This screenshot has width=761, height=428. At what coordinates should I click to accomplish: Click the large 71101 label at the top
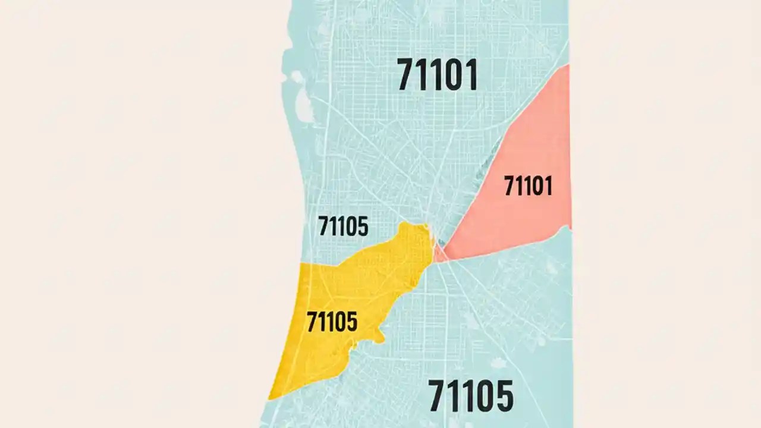[x=437, y=75]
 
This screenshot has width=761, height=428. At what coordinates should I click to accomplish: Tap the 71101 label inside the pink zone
[x=528, y=185]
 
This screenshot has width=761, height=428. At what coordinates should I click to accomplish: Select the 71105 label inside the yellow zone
[x=332, y=322]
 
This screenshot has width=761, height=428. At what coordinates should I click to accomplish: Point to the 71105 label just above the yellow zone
[x=343, y=226]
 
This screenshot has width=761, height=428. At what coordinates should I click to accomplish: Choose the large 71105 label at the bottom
[x=470, y=396]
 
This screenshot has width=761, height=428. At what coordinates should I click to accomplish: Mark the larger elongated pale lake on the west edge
[x=304, y=106]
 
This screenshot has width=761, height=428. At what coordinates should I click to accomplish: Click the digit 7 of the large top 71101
[x=406, y=75]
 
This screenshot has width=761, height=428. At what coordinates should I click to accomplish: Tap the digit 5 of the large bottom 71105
[x=503, y=396]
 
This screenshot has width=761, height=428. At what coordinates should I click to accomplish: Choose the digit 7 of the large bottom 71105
[x=438, y=396]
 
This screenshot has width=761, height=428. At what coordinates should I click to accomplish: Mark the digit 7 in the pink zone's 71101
[x=510, y=185]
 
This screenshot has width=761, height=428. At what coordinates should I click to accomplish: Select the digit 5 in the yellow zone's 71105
[x=351, y=322]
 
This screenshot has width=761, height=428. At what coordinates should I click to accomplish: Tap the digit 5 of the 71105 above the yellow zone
[x=362, y=226]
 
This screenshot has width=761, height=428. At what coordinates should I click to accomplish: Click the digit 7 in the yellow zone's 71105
[x=312, y=322]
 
